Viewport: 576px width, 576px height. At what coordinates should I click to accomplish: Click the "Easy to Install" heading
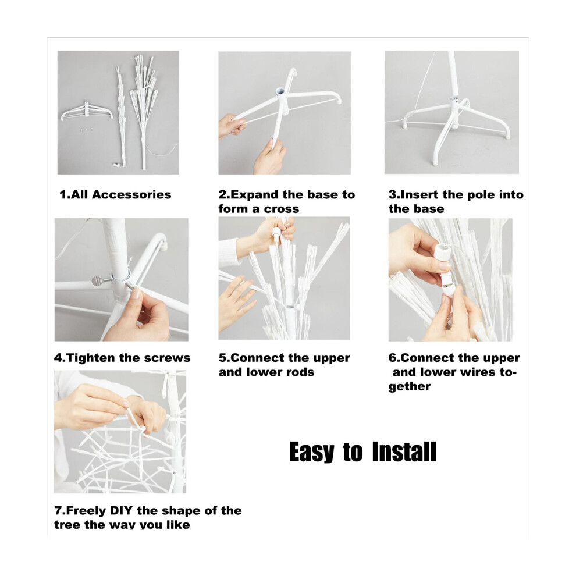pos(362,452)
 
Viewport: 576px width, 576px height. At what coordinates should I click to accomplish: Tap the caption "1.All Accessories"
pos(115,195)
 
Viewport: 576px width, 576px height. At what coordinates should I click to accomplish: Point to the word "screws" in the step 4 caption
pos(170,358)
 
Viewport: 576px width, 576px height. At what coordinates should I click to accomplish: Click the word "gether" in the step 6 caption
pos(410,387)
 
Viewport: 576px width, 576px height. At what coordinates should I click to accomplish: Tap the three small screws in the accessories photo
pos(86,129)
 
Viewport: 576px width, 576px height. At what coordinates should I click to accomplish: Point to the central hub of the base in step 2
pos(281,96)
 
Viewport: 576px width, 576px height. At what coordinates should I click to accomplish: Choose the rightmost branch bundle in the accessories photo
pos(144,110)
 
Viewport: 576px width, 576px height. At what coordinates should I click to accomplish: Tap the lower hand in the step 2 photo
pos(269,156)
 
